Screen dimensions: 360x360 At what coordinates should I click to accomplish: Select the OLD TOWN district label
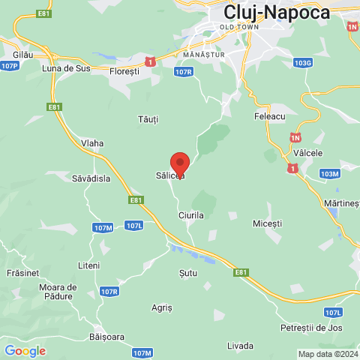pos(239,27)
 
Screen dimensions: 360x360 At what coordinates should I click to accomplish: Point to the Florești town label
pos(124,71)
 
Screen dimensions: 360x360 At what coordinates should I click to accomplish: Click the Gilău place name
pos(24,55)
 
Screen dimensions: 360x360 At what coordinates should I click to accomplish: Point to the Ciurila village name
pos(191,214)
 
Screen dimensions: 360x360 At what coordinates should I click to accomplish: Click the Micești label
pos(268,223)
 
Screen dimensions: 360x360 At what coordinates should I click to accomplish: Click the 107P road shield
pos(10,66)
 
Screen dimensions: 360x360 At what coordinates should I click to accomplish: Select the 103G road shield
pos(303,63)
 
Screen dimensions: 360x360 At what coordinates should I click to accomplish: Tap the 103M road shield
pos(329,174)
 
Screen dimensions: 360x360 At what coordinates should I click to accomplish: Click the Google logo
pos(25,350)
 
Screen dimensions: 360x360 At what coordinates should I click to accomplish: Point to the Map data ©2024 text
pos(328,354)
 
